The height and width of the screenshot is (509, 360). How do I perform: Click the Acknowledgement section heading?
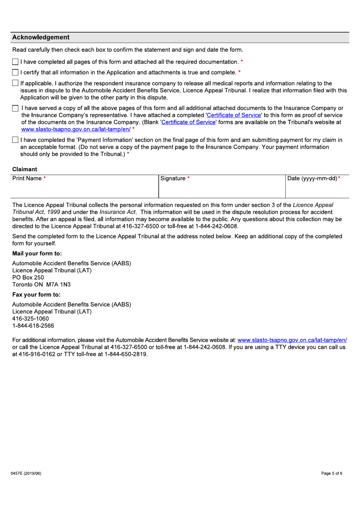pos(41,37)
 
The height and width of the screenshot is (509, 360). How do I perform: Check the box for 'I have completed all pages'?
pos(15,62)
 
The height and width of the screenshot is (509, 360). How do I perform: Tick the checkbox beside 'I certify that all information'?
pos(15,72)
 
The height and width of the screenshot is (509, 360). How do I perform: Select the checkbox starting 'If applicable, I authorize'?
pos(15,83)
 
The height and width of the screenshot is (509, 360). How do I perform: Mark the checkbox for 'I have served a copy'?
pos(15,108)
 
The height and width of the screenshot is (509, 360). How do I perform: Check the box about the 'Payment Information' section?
pos(15,140)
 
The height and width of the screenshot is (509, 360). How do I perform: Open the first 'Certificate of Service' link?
pos(234,115)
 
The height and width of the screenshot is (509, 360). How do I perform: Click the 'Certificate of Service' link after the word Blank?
pos(188,122)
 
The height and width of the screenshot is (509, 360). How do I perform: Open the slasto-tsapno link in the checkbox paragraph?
pos(76,129)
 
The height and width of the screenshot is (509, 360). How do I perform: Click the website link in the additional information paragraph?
pos(292,340)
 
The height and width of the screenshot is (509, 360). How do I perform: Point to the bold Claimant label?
pos(25,169)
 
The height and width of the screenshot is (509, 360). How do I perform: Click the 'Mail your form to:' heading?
pos(37,254)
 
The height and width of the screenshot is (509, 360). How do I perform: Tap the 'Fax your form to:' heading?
pos(36,295)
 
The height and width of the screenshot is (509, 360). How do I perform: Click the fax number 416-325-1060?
pos(30,319)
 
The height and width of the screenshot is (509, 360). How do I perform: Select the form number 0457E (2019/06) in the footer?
pos(26,473)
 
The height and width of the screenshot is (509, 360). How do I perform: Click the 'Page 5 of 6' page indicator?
pos(332,473)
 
